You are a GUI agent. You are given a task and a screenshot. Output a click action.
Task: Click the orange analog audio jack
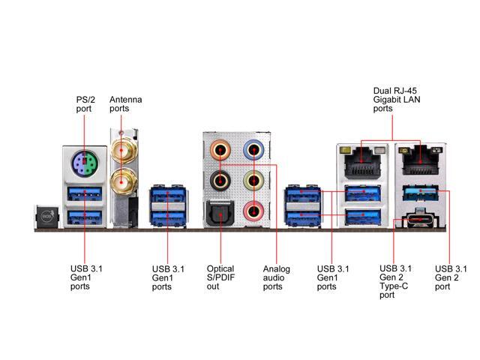pos(220,150)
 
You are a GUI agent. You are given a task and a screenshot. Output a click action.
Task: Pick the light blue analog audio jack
pos(253,150)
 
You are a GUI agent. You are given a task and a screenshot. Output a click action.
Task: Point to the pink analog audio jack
pos(253,211)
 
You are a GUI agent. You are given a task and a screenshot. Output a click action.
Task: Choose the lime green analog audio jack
pos(253,181)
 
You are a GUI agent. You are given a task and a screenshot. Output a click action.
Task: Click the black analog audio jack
pos(220,181)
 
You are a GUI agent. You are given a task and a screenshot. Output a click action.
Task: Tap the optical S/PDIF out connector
pos(220,213)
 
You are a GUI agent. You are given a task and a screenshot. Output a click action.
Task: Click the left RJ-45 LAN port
pos(363,162)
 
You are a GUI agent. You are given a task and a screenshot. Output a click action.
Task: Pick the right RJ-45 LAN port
pos(421,160)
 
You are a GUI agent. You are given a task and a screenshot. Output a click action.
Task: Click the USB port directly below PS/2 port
pos(85,193)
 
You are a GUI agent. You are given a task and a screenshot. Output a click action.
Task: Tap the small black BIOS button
pos(46,217)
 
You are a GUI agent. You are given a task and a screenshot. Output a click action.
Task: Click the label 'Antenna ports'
pos(125,104)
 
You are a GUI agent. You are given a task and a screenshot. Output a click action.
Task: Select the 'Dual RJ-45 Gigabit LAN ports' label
pos(397,100)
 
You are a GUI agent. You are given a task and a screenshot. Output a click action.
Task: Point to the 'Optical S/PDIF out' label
pos(220,277)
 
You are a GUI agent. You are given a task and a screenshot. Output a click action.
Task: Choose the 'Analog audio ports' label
pos(276,277)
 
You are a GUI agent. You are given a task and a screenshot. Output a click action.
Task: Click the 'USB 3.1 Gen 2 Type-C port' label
pos(395,282)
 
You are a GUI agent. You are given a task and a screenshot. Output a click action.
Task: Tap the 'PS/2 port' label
pos(85,104)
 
